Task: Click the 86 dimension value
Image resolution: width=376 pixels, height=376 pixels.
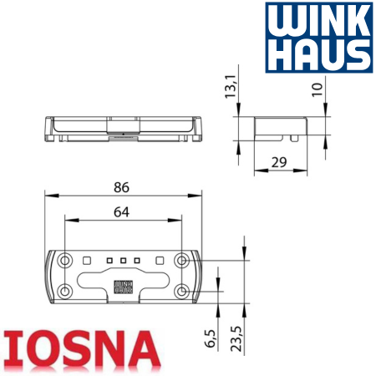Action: (x=121, y=187)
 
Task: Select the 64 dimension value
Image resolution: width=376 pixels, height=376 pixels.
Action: (x=121, y=212)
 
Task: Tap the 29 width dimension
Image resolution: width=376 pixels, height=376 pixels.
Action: (x=279, y=162)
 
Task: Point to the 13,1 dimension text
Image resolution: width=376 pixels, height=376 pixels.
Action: (x=231, y=86)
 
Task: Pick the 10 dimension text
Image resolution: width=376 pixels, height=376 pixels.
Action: (x=318, y=89)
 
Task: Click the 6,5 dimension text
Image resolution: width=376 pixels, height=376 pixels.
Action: (x=211, y=338)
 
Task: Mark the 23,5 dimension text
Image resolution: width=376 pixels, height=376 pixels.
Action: (x=236, y=338)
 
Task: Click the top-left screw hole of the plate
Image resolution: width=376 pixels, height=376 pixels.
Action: (x=65, y=261)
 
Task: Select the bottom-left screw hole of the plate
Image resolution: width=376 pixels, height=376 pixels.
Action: (x=65, y=292)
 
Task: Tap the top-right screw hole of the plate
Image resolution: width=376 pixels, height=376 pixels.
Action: (x=181, y=261)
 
